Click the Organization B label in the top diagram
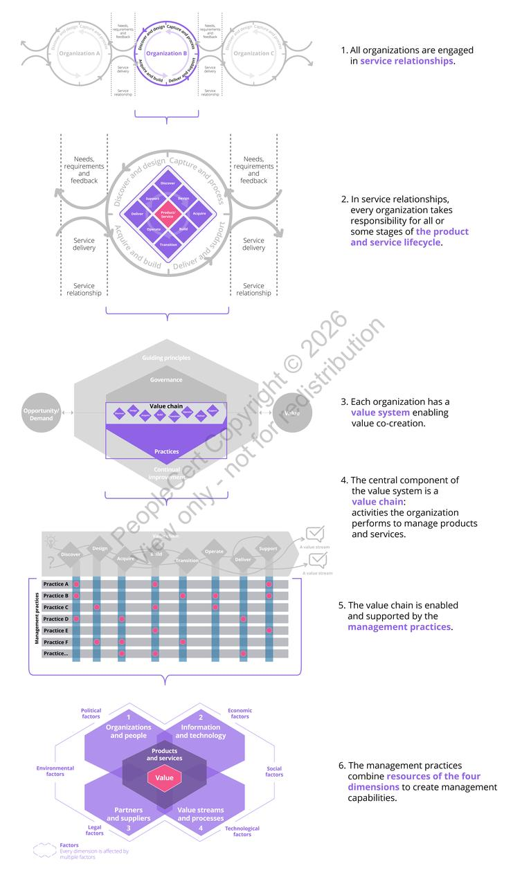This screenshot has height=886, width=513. click(x=167, y=53)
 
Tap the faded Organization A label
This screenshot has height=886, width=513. click(x=80, y=53)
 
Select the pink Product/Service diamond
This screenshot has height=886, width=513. click(x=167, y=214)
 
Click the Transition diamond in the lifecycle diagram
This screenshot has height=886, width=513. click(x=167, y=244)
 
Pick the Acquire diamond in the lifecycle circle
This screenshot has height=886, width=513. click(x=199, y=214)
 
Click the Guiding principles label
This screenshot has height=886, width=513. click(x=166, y=358)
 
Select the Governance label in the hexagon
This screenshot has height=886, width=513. click(x=166, y=380)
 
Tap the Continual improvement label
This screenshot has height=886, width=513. click(x=166, y=473)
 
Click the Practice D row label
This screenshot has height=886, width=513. click(x=56, y=619)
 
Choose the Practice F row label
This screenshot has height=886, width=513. click(x=56, y=642)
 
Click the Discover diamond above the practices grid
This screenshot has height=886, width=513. click(x=71, y=554)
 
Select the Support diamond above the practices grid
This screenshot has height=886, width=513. click(x=268, y=549)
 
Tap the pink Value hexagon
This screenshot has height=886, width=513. click(x=164, y=778)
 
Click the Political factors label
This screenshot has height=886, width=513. click(x=91, y=714)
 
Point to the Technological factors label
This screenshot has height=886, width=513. click(x=242, y=831)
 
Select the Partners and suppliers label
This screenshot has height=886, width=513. click(x=129, y=814)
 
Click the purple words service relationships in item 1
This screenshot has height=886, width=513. click(x=406, y=61)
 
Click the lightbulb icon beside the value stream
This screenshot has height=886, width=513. click(x=51, y=539)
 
